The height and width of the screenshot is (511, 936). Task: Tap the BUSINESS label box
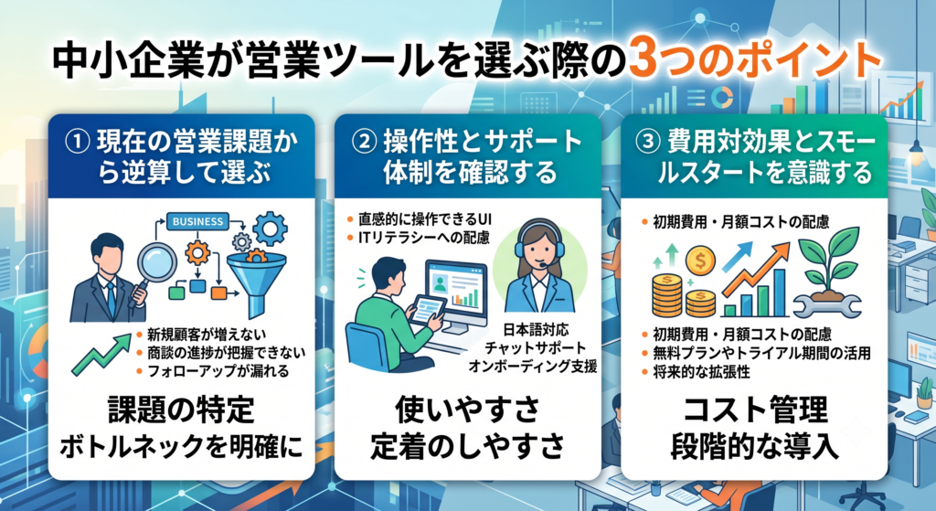197,221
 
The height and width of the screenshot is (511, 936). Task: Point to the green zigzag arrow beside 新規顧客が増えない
101,354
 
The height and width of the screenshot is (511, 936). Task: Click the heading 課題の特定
181,410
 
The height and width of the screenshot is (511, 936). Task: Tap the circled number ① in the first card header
78,143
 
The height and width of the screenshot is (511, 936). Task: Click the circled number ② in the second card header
365,143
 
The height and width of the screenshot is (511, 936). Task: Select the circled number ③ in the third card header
649,143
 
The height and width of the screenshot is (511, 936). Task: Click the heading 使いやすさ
467,410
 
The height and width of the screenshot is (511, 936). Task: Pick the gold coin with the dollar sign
701,261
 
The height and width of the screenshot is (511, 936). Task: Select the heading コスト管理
755,410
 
